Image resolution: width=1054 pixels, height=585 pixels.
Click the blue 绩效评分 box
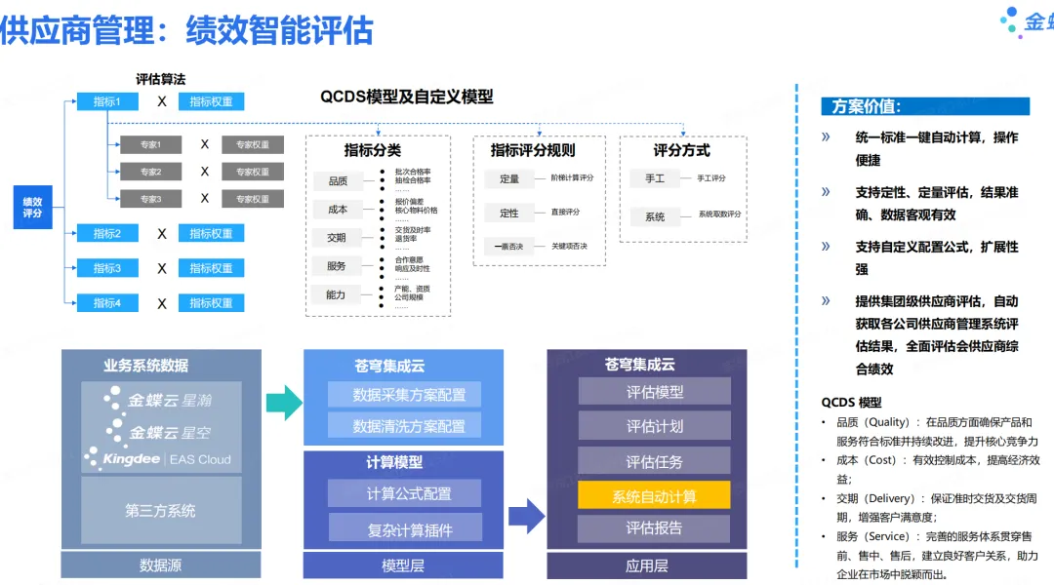coord(32,207)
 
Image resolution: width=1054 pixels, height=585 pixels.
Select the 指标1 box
coord(107,101)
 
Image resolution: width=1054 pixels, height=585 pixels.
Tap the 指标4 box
coord(107,303)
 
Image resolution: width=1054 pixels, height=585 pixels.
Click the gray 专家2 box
coord(150,172)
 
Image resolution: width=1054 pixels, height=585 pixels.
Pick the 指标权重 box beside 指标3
coord(211,268)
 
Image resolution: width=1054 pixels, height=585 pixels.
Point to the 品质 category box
coord(338,180)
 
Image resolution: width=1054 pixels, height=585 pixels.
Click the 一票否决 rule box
coord(508,246)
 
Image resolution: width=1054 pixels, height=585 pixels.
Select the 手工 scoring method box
coord(654,178)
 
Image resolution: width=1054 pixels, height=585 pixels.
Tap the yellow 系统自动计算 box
coord(654,495)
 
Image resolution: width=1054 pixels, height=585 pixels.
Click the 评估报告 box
coord(654,528)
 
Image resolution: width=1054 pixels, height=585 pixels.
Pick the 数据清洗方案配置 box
coord(409,426)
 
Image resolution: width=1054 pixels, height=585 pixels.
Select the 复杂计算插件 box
coord(409,529)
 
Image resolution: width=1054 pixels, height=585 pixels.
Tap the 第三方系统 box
coord(160,510)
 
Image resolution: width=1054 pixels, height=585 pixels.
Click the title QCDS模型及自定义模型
coord(407,97)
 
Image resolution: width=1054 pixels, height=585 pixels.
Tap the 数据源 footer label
coord(160,565)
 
